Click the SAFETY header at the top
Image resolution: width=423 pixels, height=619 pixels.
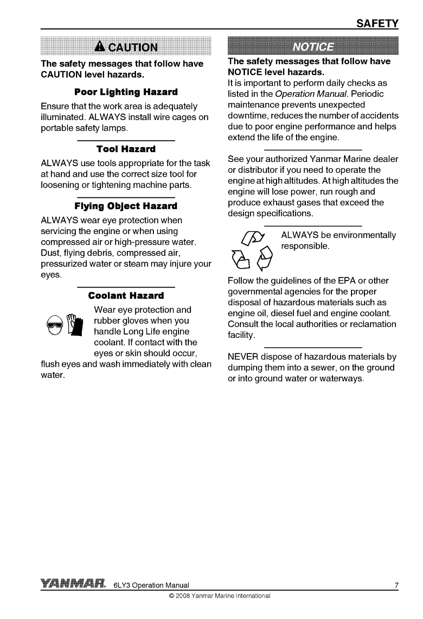377,23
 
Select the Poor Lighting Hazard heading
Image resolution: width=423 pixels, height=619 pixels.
126,92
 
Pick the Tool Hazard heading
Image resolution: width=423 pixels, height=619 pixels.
126,149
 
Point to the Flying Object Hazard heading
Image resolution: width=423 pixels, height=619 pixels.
126,206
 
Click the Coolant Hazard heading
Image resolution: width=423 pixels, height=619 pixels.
126,296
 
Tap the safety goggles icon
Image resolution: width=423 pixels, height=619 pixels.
54,325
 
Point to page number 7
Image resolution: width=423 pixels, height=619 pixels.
396,585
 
